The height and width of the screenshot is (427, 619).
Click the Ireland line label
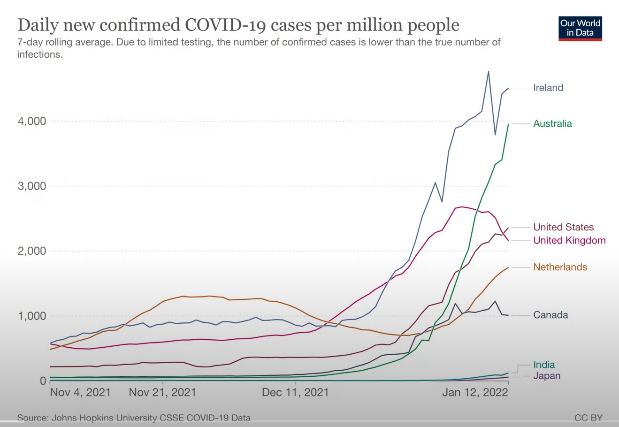(548, 88)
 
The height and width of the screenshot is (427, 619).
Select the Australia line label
(552, 124)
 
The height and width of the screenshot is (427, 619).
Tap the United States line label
(563, 228)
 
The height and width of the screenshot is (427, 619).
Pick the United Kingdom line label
(569, 241)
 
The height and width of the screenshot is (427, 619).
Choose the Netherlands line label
(560, 267)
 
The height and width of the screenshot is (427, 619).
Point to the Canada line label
(550, 315)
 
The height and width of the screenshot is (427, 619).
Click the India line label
(544, 365)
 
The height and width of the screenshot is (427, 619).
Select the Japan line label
(547, 376)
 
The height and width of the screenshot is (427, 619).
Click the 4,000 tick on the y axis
(32, 122)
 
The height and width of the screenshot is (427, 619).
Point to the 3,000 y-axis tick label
(32, 186)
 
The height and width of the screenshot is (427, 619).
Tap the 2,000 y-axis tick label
(32, 251)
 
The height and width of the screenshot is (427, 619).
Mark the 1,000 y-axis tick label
(32, 316)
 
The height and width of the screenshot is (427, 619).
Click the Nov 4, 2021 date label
(80, 392)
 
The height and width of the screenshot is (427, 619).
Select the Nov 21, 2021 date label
(162, 392)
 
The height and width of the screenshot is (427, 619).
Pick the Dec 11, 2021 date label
(296, 392)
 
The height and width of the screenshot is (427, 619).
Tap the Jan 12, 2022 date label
(475, 392)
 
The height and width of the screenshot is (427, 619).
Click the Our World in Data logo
(580, 28)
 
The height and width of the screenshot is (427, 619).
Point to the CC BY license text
(588, 418)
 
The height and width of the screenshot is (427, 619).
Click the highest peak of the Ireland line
(489, 72)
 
